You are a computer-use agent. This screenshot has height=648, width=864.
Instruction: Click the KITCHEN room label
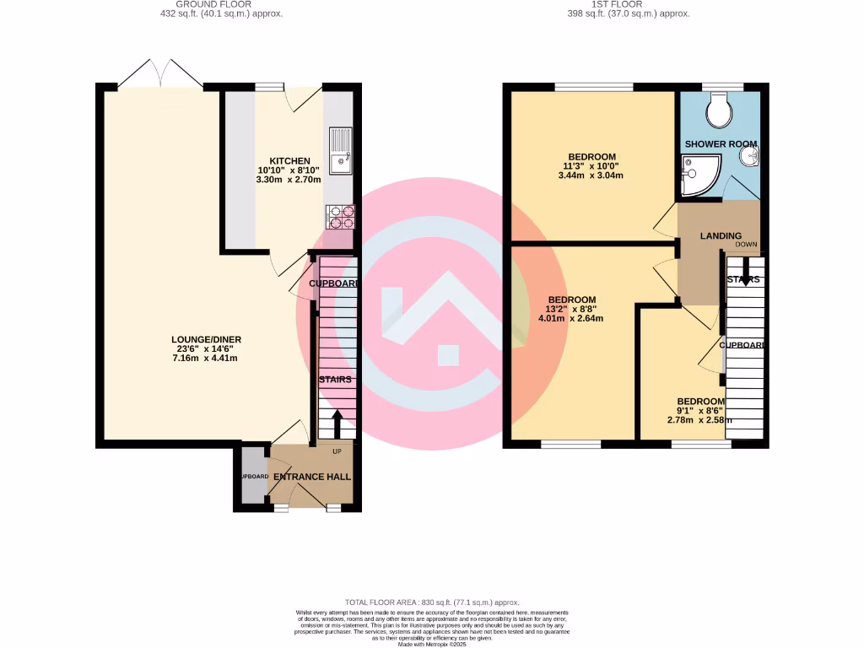[289, 161]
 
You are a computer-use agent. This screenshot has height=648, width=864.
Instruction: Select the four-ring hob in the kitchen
[340, 218]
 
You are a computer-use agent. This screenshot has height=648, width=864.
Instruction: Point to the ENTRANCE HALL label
[312, 477]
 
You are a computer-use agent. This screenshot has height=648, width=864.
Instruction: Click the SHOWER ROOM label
[720, 144]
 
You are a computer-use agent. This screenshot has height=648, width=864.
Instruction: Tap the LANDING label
[721, 236]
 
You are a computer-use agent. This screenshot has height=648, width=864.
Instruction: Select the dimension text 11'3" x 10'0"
[591, 166]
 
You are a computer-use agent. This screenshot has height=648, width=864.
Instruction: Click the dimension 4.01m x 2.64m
[572, 318]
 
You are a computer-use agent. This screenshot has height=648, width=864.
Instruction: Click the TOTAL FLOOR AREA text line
[431, 602]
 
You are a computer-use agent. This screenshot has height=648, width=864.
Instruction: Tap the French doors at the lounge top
[160, 74]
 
